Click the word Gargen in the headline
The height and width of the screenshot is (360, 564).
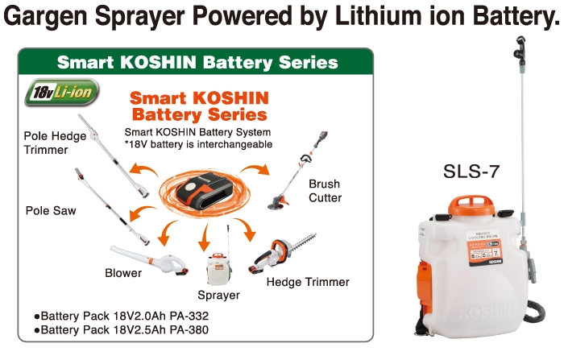[x=46, y=16]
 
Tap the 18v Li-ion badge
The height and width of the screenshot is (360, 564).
[x=62, y=92]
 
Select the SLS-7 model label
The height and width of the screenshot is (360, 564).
[x=471, y=172]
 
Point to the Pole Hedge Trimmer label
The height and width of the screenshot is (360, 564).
[x=55, y=143]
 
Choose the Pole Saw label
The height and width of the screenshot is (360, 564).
[x=51, y=210]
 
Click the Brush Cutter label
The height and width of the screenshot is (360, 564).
[x=325, y=191]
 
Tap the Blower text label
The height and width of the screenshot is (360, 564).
[x=123, y=273]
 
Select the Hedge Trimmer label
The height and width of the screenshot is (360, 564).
[x=308, y=282]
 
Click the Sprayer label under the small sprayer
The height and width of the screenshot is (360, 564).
[x=218, y=295]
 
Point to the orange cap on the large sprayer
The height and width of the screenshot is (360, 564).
[x=471, y=205]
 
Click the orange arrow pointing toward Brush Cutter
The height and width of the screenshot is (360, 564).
[x=256, y=168]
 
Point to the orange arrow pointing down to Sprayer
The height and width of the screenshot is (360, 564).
[x=205, y=238]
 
